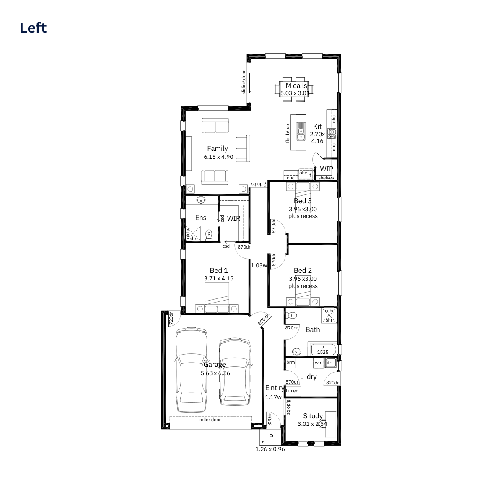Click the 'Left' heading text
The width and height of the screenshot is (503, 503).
coord(33,28)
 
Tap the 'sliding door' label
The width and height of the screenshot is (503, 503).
coord(244,82)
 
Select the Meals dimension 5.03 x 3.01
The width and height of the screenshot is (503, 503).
coord(295,93)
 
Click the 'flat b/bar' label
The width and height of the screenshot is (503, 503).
coord(288,133)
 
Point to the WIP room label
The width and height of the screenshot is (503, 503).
coord(327,169)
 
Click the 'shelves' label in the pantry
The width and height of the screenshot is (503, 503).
coord(326,178)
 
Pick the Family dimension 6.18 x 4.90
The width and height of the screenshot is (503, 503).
coord(218,157)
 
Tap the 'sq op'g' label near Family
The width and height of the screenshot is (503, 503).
coord(259,184)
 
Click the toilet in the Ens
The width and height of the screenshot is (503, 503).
coord(209,235)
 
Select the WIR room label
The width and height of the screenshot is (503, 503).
coord(233,218)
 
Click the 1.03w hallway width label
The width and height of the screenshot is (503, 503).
coord(259,265)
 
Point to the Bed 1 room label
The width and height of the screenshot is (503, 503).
coord(219,270)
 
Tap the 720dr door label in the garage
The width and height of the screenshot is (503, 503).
coord(171,319)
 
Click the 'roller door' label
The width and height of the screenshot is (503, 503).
coord(210,420)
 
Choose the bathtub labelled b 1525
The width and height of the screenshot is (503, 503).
coord(323,350)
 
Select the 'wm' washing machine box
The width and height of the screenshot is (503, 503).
coord(319,363)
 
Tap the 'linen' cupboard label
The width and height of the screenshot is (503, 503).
coord(292,391)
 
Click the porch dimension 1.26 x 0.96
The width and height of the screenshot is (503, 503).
coord(270,449)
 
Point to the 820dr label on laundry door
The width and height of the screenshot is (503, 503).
coord(332,383)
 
